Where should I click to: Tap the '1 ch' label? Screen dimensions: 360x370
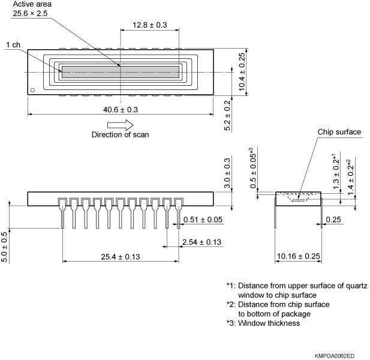pos(14,46)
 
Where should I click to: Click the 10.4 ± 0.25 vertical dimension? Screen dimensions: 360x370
pos(241,71)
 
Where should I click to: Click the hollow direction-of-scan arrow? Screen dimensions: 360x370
pos(120,124)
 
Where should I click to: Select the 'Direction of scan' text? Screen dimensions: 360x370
pos(120,134)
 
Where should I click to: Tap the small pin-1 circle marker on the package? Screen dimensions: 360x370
pos(33,91)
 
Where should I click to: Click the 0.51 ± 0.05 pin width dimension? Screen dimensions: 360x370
pos(203,220)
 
